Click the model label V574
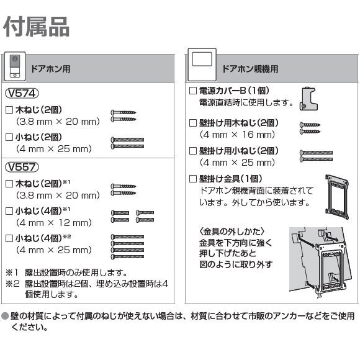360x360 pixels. [22, 94]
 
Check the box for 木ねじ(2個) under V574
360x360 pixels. [9, 110]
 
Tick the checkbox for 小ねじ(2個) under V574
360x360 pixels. [9, 137]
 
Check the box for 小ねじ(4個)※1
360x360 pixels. [9, 210]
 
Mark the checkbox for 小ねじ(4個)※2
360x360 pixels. [9, 238]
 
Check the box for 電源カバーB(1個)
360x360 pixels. [192, 91]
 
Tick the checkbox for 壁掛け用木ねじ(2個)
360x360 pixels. [192, 123]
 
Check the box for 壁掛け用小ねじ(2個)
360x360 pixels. [192, 151]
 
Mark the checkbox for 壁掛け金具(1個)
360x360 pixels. [192, 179]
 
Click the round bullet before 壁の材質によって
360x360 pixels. [5, 315]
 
